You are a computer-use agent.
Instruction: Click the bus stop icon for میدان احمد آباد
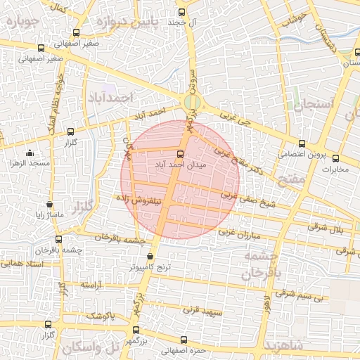point(179,154)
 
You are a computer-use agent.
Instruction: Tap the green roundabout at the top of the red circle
point(190,103)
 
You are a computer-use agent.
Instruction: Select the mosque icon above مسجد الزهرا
point(30,153)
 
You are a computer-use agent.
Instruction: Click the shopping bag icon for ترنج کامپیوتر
point(150,257)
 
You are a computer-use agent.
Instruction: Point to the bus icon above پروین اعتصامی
point(302,143)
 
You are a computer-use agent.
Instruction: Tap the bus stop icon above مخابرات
point(335,158)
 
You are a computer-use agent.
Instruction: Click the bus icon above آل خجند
point(183,12)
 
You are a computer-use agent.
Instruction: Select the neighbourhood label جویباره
point(26,22)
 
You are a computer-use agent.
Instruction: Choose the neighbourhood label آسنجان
point(308,107)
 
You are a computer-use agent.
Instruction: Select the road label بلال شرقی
point(323,227)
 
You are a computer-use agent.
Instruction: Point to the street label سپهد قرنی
point(202,309)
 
